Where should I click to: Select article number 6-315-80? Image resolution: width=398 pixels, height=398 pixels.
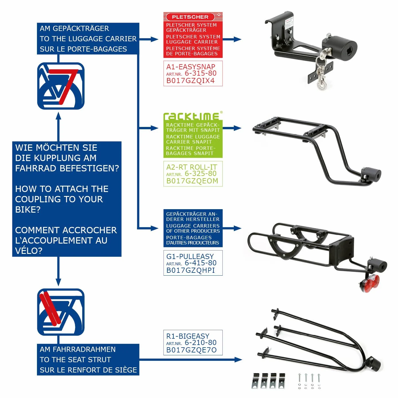[x=200, y=73]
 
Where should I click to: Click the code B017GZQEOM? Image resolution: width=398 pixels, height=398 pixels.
[x=192, y=181]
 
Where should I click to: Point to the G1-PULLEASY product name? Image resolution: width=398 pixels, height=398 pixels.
[x=190, y=256]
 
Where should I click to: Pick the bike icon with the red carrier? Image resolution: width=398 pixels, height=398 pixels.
[x=61, y=86]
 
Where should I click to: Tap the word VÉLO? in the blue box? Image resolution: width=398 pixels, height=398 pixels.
[x=29, y=251]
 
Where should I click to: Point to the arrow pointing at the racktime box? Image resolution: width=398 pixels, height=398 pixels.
[x=148, y=128]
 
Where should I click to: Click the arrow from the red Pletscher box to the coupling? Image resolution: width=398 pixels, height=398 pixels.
[x=232, y=39]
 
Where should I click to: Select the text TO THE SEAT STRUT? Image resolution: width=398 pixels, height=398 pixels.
[x=75, y=360]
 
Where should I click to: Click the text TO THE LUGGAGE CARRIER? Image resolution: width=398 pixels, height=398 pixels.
[x=88, y=39]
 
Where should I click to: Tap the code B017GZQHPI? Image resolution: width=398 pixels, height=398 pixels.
[x=191, y=270]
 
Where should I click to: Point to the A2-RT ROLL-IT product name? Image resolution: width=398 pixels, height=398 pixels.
[x=192, y=167]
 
